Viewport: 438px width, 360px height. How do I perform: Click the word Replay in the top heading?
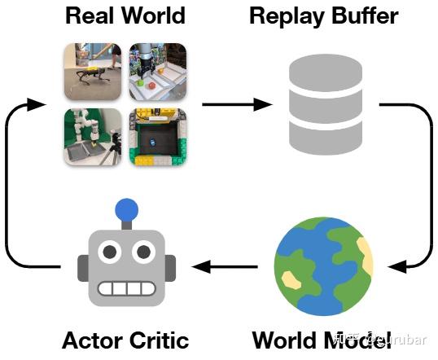(x=287, y=15)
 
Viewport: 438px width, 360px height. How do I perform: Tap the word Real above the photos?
(x=92, y=15)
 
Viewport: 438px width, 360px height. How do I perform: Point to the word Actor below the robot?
(x=91, y=340)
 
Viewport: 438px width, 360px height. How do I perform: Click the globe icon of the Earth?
(x=324, y=265)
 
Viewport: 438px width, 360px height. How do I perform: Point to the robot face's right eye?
(x=143, y=253)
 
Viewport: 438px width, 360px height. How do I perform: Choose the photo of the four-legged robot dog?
(x=92, y=72)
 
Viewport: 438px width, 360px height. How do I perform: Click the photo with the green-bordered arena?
(x=158, y=137)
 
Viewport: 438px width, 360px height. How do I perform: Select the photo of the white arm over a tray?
(x=92, y=137)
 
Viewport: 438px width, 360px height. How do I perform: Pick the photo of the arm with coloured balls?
(x=158, y=72)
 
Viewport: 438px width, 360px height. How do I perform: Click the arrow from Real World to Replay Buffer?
(x=236, y=104)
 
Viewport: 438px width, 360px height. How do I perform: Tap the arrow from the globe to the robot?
(x=223, y=266)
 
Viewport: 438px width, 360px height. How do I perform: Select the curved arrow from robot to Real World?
(x=10, y=187)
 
